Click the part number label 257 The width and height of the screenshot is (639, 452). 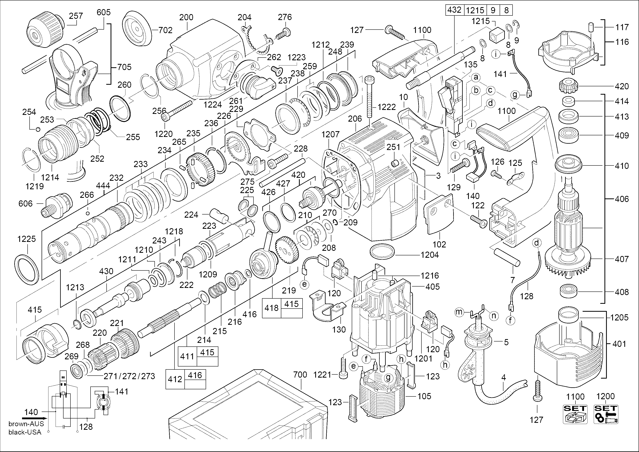point(76,16)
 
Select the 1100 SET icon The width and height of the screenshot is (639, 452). point(575,414)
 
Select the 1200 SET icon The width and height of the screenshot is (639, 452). point(606,414)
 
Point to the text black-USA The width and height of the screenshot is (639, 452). point(25,432)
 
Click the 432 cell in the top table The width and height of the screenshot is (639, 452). point(454,10)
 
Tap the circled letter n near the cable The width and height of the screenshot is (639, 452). point(494,316)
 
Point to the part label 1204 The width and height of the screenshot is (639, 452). point(430,255)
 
